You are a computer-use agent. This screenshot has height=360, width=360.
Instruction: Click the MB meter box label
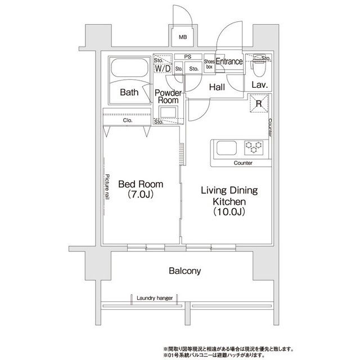point(183,37)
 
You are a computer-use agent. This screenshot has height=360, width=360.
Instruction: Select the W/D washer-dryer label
point(163,68)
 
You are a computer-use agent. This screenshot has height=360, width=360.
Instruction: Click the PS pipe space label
point(188,56)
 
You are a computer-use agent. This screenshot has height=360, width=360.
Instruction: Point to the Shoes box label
point(209,64)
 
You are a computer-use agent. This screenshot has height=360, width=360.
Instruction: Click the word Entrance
point(229,61)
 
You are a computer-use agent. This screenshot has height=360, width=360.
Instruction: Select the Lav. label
point(260,85)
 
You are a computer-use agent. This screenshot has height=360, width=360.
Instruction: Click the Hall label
point(217,87)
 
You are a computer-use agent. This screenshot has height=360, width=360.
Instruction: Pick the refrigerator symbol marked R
point(259,103)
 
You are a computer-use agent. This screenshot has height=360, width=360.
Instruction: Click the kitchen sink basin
point(227,148)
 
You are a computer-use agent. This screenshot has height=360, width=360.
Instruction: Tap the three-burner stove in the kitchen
point(254,147)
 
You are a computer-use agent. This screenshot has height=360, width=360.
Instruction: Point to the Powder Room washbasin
point(168,112)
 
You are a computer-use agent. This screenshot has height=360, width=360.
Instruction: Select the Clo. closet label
point(128,120)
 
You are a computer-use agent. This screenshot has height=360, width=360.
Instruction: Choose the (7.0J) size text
point(141,195)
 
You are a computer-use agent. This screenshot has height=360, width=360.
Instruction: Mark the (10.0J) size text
point(229,211)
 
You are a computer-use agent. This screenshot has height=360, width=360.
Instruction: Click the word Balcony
point(185,271)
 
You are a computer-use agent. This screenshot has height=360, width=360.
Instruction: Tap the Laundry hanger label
point(155,298)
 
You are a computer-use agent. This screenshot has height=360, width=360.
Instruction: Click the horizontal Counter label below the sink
point(243,163)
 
